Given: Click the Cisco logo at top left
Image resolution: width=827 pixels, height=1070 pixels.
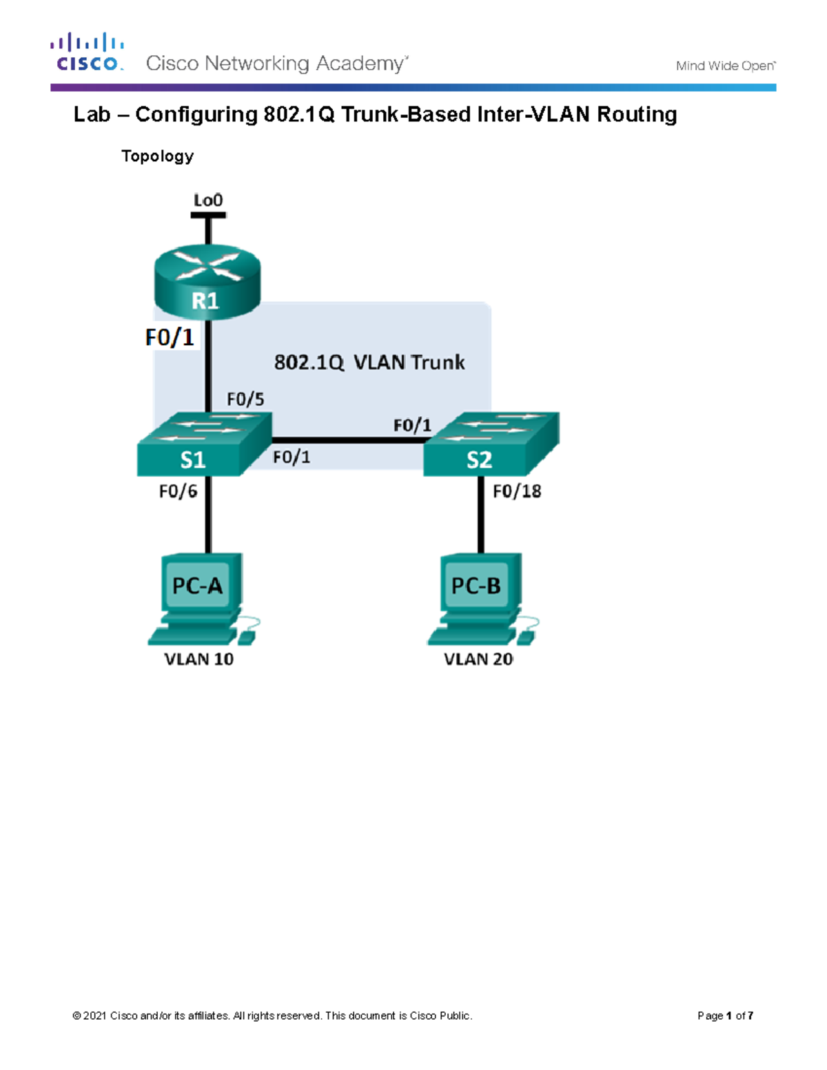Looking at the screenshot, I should [87, 52].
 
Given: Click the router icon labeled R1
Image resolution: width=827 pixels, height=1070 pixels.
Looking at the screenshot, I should [207, 283].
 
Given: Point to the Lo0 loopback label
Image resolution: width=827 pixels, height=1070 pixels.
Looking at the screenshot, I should [207, 200].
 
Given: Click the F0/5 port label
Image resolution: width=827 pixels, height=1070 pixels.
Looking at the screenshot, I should [245, 400].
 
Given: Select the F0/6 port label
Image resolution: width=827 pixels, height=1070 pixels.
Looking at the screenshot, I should [178, 491].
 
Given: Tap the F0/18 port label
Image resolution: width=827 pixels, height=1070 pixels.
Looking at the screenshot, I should [517, 491].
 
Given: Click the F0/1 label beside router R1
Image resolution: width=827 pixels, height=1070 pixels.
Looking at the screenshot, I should [170, 338].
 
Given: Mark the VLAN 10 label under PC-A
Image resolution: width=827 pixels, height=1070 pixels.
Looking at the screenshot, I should [198, 659].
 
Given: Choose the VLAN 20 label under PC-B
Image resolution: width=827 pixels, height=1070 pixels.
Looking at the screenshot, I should [478, 659].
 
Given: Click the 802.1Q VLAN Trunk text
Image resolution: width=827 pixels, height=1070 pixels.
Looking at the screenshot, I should [369, 362].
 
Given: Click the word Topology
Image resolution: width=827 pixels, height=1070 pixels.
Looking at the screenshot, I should [157, 156].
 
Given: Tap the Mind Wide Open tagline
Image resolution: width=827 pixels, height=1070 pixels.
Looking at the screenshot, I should [725, 66].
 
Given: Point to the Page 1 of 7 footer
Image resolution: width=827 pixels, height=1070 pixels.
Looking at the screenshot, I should [725, 1016].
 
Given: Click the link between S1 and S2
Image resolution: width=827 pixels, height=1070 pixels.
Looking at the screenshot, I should [348, 440].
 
